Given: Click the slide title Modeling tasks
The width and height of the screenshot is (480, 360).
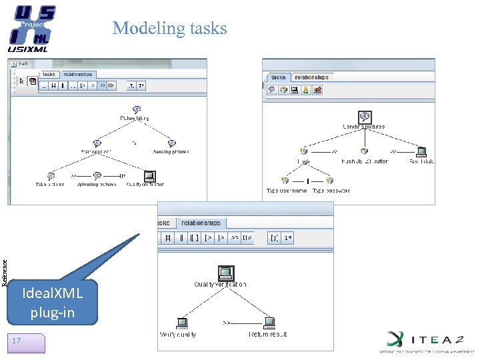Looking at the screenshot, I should (169, 28).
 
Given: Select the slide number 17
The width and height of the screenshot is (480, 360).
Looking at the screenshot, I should (17, 341).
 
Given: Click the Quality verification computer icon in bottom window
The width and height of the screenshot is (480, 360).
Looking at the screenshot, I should (225, 272).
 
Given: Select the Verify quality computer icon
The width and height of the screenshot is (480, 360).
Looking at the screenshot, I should (181, 322).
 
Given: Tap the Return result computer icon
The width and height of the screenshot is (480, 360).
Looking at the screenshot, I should (269, 322).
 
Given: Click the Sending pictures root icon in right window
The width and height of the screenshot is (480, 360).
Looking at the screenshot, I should (364, 117).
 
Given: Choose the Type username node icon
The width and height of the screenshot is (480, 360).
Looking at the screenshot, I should (285, 180).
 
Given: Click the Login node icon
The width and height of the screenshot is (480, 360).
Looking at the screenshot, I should (303, 151).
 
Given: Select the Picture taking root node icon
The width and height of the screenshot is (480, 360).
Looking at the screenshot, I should (136, 109).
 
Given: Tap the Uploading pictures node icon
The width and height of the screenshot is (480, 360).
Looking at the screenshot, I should (97, 175).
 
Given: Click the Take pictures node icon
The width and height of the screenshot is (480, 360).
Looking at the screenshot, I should (51, 175).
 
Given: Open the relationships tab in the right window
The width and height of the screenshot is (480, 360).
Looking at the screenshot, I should (311, 77).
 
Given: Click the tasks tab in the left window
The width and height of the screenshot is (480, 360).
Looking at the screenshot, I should (49, 75).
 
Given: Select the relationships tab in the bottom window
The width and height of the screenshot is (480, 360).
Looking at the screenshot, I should (200, 223).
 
